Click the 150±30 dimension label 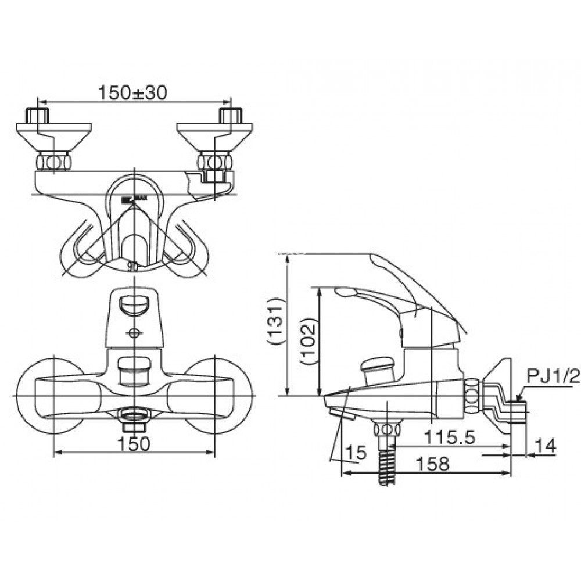point(133,92)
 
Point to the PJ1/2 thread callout point(553,376)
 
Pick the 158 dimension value point(432,463)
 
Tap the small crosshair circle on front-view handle point(134,333)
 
